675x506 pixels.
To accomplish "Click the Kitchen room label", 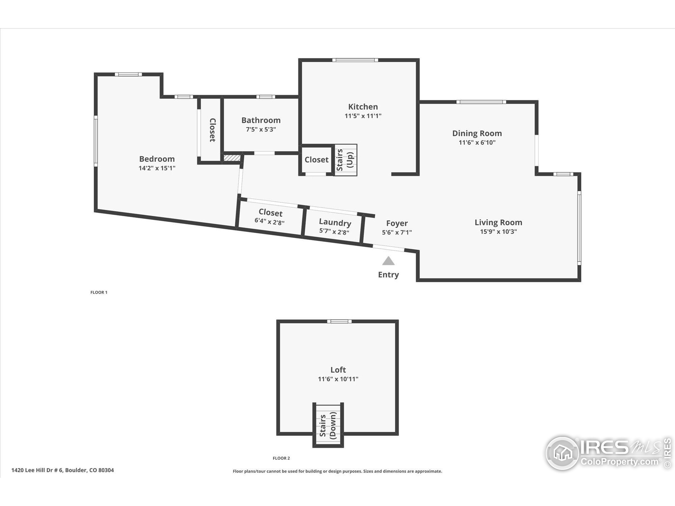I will click(x=363, y=107).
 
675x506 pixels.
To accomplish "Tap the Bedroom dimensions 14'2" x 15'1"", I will click(x=157, y=168).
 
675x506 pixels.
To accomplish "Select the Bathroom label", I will click(x=261, y=120).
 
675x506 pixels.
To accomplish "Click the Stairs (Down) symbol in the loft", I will click(x=328, y=426).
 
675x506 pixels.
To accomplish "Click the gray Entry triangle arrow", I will click(x=388, y=261).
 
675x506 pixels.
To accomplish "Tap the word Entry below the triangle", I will click(x=388, y=275).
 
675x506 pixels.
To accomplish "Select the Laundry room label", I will click(x=335, y=222).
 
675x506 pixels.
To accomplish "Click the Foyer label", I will click(x=397, y=223).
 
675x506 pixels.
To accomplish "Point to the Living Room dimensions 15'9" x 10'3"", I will click(x=498, y=231).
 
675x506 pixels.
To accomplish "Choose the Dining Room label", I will click(x=477, y=133).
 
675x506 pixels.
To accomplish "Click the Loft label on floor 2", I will click(x=338, y=370).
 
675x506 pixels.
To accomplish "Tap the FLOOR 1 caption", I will click(x=99, y=292).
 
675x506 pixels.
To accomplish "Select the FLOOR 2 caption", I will click(x=281, y=458).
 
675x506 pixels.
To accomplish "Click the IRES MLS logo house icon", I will click(x=562, y=453).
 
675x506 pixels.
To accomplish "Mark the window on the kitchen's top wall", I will click(x=355, y=60).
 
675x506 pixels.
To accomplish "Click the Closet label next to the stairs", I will click(x=316, y=159).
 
